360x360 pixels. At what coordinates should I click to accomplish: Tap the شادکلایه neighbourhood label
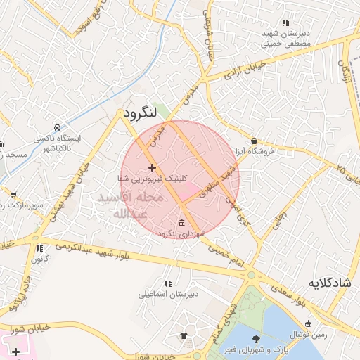329,283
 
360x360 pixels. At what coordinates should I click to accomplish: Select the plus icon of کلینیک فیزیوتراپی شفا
152,167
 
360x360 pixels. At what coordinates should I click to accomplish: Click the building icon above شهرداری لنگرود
182,223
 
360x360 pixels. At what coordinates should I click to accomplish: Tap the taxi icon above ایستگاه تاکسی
57,129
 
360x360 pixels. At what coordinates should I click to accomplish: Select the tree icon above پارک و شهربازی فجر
255,340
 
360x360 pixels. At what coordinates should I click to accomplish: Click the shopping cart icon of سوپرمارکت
13,193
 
